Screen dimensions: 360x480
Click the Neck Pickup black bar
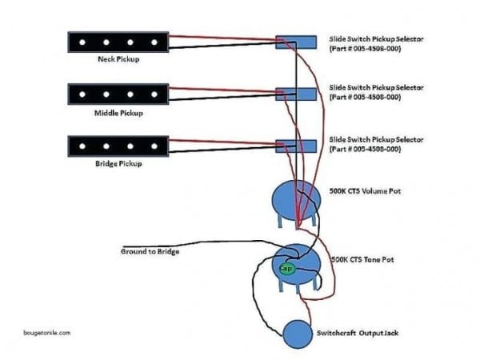pos(118,40)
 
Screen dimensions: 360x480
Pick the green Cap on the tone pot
pos(285,270)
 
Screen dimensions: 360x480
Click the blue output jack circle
pos(297,331)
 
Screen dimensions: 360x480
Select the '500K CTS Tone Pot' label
pos(362,260)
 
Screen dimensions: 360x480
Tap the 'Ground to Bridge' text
pos(150,252)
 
